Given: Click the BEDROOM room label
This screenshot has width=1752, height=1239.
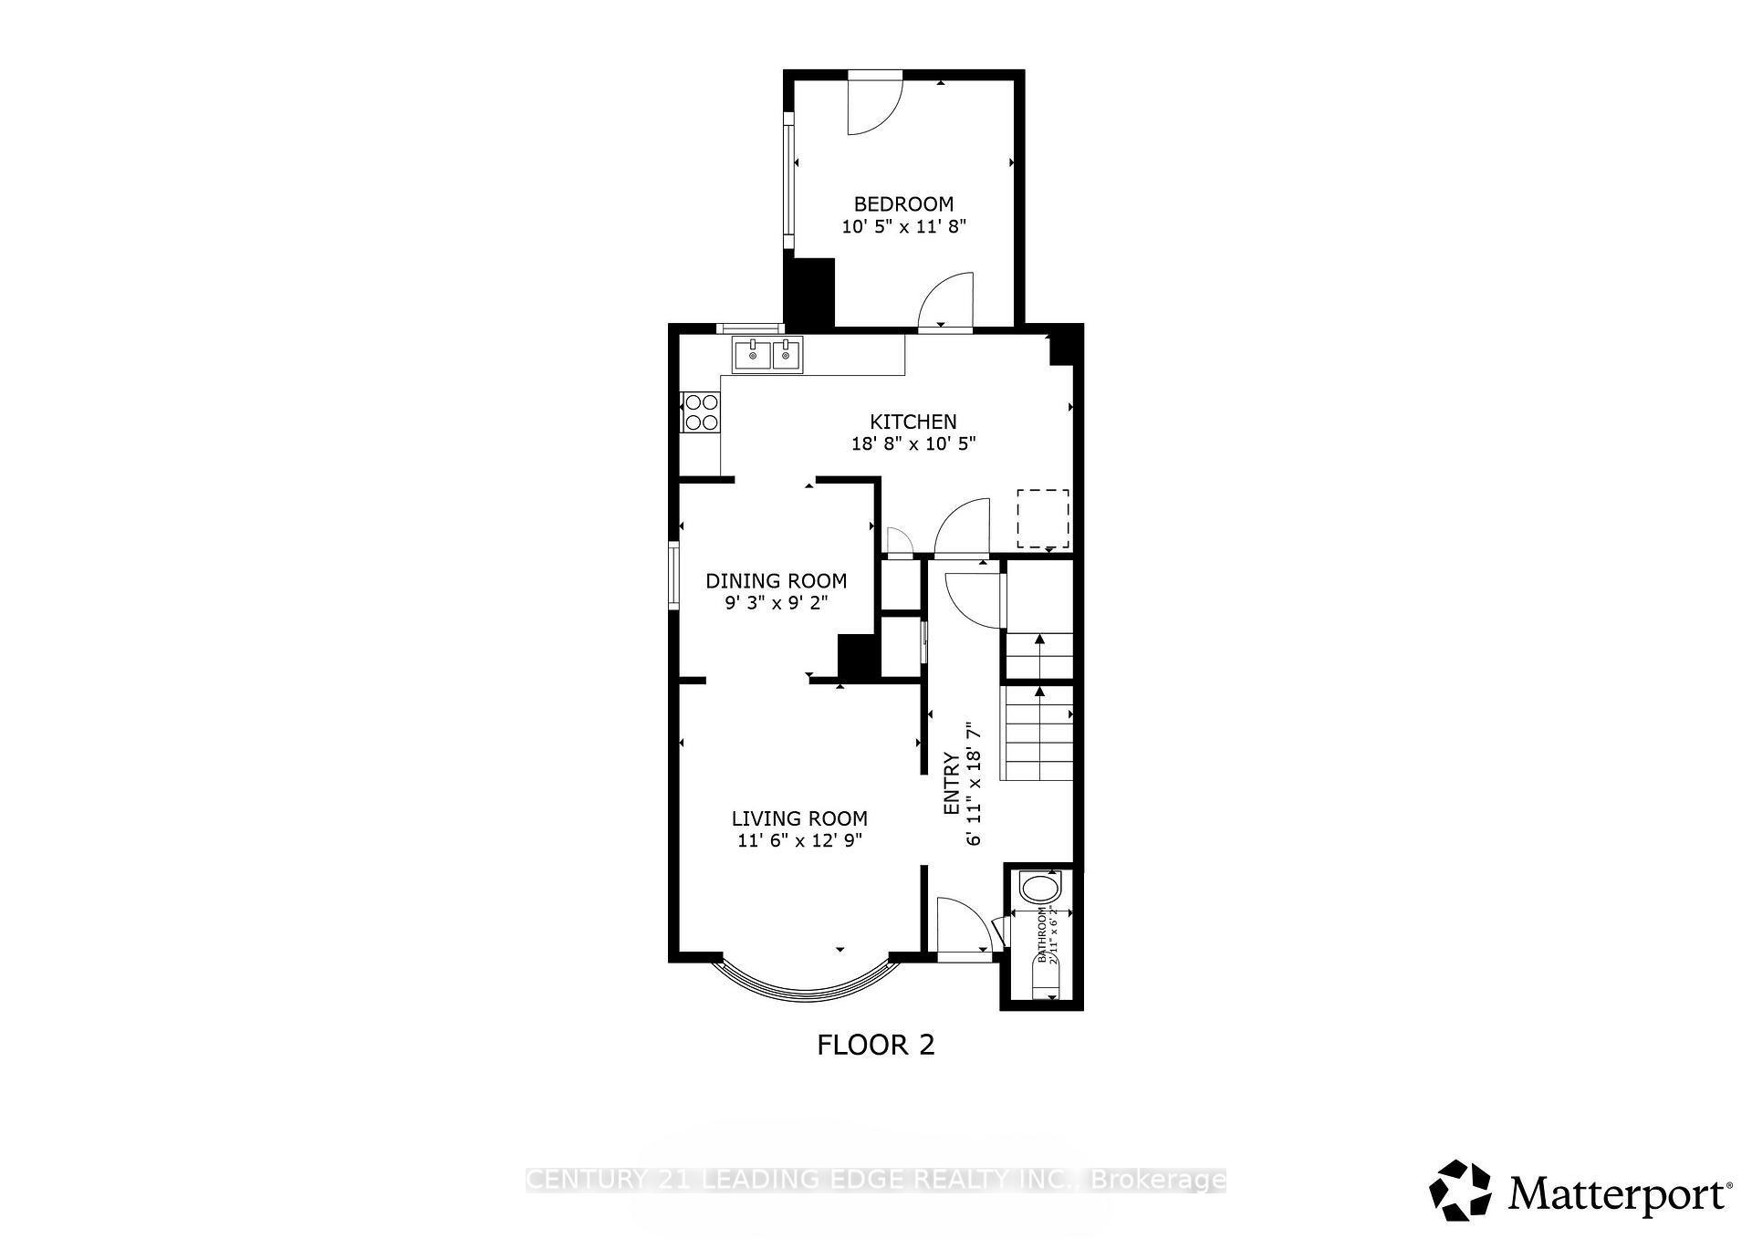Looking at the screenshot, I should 903,203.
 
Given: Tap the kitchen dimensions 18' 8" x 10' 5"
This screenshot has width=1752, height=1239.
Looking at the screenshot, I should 913,444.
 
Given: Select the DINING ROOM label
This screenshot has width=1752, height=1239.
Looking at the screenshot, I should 777,580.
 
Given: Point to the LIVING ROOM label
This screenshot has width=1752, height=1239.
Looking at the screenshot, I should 799,818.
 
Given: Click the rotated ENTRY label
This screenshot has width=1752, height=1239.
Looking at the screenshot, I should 952,783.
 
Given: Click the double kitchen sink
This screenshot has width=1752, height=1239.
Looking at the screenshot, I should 767,355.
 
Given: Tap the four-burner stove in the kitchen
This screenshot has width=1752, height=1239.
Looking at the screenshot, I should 701,411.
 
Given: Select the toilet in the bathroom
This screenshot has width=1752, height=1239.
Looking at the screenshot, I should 1040,888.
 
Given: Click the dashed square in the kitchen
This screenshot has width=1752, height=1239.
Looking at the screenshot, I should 1043,518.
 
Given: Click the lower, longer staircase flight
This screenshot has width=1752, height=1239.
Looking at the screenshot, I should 1038,733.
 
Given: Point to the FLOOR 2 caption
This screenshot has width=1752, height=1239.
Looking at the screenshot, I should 876,1045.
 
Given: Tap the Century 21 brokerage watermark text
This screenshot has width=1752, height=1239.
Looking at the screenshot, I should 876,1180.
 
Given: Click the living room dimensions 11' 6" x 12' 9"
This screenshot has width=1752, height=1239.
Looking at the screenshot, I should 799,841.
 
